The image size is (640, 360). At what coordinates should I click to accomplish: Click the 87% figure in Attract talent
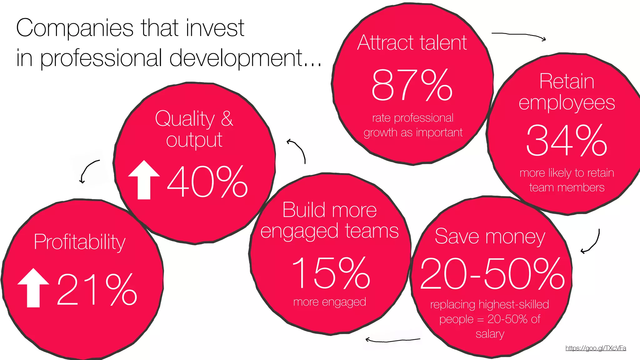412,85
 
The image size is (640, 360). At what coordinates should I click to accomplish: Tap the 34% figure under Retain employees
567,140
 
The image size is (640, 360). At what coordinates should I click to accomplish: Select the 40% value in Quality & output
207,182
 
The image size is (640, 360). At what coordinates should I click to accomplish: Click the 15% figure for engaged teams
331,273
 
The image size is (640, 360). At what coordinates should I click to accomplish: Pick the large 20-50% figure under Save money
492,274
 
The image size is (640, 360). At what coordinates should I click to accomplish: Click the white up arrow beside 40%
144,180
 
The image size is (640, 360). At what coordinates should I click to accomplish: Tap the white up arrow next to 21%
33,288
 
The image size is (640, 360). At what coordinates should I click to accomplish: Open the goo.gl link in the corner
596,348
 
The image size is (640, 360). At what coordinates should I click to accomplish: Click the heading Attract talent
412,43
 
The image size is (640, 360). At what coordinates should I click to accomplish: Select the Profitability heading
79,242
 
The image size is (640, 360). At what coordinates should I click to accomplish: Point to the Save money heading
490,236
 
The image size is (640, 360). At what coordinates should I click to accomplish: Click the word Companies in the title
75,28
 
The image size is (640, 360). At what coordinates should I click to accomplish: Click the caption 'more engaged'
330,302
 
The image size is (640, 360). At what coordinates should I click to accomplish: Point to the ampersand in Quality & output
227,118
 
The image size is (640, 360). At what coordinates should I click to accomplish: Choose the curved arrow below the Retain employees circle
592,242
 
